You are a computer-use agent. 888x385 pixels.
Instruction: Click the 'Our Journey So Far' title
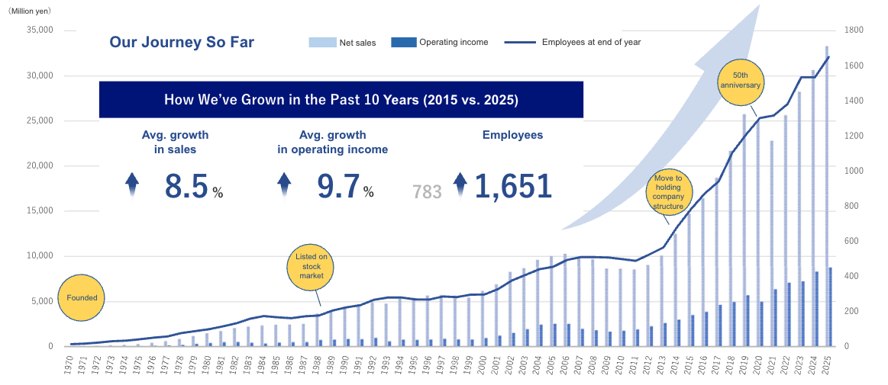point(182,42)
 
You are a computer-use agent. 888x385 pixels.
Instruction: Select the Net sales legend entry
point(343,43)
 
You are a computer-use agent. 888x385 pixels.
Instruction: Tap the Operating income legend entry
point(440,43)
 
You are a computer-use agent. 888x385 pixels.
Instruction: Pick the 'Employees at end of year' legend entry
point(573,43)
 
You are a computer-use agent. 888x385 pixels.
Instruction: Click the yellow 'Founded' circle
point(82,297)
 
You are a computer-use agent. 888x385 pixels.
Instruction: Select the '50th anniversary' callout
point(740,80)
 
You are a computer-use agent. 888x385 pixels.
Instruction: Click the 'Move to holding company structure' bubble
point(668,191)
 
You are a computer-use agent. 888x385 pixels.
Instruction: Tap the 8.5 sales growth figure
point(186,187)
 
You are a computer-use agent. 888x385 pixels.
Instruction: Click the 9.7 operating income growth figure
point(338,187)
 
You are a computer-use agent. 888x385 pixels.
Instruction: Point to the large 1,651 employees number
point(512,187)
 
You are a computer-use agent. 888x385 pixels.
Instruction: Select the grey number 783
point(427,192)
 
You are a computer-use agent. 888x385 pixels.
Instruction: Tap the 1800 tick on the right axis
point(854,30)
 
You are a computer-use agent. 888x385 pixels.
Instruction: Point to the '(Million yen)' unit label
point(30,11)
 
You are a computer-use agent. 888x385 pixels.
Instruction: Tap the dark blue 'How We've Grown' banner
point(341,99)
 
